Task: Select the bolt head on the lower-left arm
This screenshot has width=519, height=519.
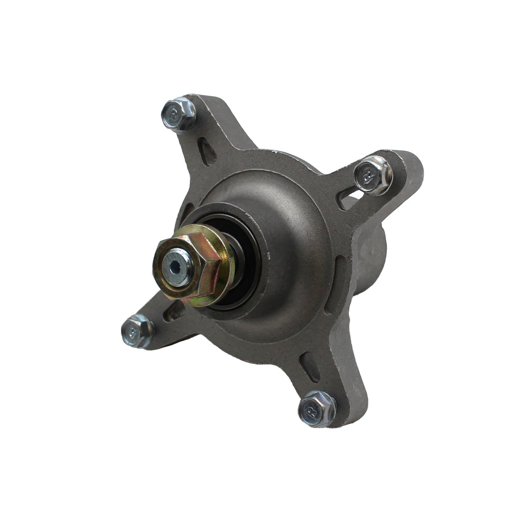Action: coord(137,330)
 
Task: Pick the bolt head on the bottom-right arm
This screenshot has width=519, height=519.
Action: coord(317,408)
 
